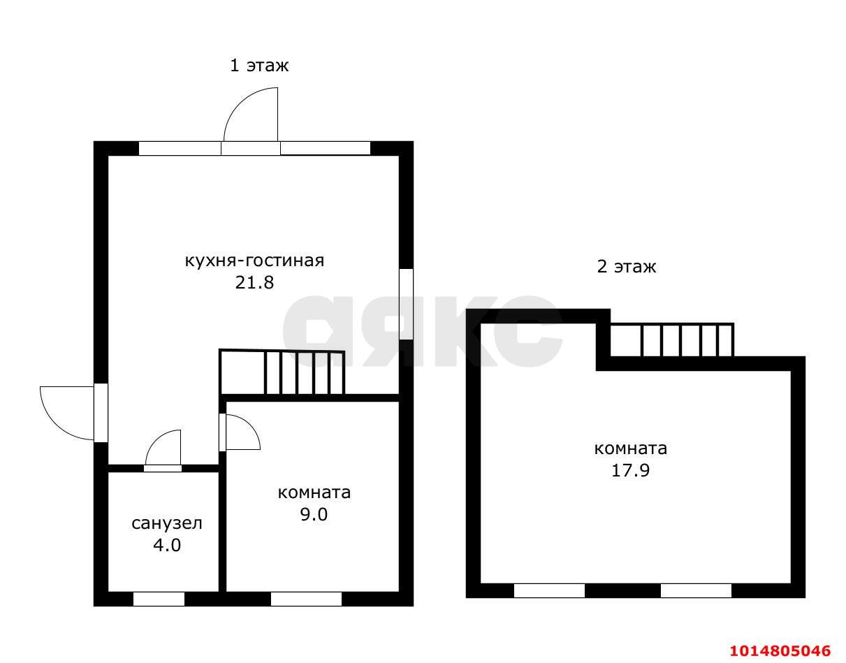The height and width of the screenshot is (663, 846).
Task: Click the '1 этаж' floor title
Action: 259,66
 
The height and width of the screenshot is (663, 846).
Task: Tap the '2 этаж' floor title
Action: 627,267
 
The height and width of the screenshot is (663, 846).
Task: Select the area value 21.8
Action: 254,282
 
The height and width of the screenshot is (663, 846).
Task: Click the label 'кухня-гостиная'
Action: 254,261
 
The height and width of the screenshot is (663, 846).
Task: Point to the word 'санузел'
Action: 167,523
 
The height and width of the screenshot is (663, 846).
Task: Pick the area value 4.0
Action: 167,545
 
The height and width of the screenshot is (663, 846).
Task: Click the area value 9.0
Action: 314,514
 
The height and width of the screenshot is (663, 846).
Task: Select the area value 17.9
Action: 631,470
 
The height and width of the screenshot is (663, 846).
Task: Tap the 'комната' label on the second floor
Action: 631,449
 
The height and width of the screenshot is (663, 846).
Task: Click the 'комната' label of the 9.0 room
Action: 314,493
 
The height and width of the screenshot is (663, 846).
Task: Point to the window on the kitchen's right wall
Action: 407,304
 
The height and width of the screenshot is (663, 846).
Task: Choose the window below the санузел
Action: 159,599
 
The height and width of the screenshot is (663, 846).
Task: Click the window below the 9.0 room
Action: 307,599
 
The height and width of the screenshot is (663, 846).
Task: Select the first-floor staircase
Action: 282,372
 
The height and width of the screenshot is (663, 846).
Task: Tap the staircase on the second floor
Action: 672,340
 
